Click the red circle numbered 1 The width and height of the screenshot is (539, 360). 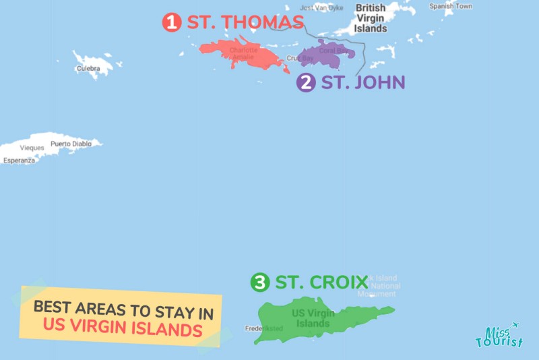[172, 22]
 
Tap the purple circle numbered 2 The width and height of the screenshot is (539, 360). [306, 83]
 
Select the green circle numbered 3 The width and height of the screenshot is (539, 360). [259, 282]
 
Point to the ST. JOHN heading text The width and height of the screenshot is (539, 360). [362, 83]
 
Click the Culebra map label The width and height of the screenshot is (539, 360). [88, 69]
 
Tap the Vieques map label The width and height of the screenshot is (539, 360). [32, 148]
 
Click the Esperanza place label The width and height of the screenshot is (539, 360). [19, 160]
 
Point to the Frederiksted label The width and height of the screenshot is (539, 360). [264, 329]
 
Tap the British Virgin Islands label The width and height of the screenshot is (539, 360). [371, 18]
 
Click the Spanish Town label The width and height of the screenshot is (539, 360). [451, 6]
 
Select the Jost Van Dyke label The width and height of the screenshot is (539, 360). [321, 7]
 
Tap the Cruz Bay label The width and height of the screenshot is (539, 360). [300, 59]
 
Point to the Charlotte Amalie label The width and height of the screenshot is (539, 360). [243, 53]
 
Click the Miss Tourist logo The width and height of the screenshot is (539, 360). [499, 336]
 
